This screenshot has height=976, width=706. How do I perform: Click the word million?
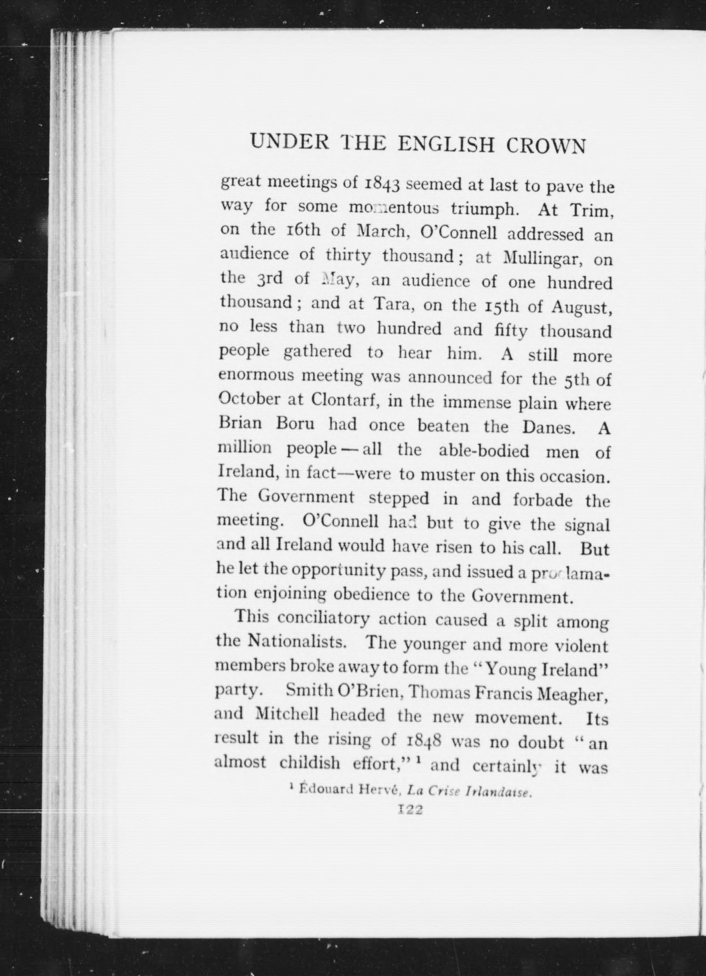[245, 448]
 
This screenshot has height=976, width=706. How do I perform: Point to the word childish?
[309, 763]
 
